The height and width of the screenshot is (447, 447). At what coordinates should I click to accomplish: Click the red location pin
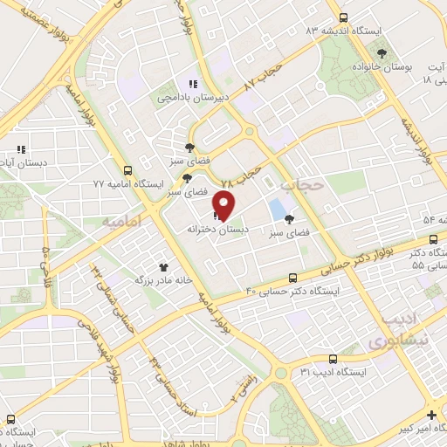225,205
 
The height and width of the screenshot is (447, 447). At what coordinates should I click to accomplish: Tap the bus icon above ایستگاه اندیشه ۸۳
343,17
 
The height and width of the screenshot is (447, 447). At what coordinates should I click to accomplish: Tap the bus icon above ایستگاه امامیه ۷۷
128,171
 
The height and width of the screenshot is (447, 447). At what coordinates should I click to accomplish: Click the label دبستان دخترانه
217,229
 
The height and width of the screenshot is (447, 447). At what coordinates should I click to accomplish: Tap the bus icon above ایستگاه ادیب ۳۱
333,359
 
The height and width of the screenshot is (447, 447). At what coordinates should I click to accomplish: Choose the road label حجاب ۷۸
242,176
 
